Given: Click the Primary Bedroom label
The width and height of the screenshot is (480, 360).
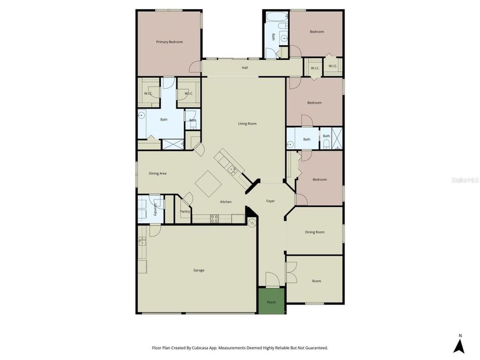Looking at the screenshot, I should [169, 42].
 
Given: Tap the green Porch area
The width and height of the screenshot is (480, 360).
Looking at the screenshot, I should [271, 301].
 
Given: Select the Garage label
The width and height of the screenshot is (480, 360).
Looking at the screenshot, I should [198, 270].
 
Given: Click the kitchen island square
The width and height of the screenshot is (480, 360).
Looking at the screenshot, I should [209, 185].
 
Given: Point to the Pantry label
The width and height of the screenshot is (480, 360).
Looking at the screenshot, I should [185, 211].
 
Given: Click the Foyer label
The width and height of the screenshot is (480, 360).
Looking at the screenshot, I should [270, 201].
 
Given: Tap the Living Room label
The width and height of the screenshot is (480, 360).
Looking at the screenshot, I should [247, 124].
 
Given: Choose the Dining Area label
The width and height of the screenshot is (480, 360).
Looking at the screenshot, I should [157, 173].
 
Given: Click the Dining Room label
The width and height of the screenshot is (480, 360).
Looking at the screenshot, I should [314, 232].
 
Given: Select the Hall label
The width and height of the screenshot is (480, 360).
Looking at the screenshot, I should [245, 68].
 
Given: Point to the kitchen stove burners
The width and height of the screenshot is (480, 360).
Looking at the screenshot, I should [215, 218].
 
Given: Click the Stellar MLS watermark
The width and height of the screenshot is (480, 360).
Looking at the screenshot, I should [465, 181].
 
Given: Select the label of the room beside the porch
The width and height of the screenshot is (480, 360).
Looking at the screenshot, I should [316, 281].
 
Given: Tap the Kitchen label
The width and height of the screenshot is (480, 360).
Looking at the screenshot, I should [226, 202].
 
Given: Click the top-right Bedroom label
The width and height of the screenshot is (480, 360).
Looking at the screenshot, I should [317, 32].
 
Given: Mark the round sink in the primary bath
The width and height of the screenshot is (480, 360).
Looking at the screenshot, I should [142, 115].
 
